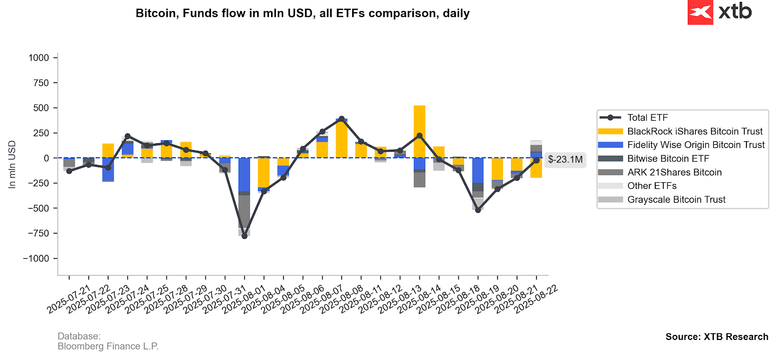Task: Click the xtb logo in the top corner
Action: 720,13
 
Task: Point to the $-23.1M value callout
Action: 565,160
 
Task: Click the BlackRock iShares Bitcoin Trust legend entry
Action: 695,131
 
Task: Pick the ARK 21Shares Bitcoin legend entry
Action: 674,172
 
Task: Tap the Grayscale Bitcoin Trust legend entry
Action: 676,199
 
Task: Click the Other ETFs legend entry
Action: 652,186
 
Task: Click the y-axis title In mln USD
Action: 13,165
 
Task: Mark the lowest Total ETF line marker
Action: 244,236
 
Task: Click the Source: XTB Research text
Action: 716,336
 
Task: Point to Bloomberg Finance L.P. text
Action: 108,346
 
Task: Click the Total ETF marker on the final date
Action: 536,160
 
